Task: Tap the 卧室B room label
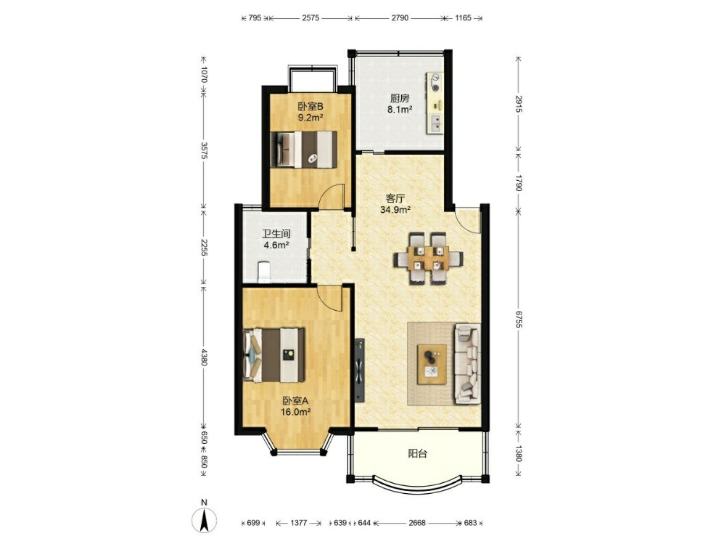tap(310, 106)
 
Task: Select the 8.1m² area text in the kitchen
tap(400, 110)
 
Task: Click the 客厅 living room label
tap(395, 199)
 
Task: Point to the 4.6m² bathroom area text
tap(276, 245)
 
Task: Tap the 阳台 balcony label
tap(417, 453)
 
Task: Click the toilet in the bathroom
tap(263, 272)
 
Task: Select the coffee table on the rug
tap(432, 364)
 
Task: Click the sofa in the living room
tap(468, 363)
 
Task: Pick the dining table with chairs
tap(428, 257)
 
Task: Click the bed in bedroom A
tap(273, 355)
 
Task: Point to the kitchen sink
tap(435, 123)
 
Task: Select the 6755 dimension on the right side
tap(518, 319)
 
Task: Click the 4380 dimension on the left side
tap(204, 357)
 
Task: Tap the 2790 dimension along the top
tap(400, 18)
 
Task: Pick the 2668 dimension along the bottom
tap(417, 523)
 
